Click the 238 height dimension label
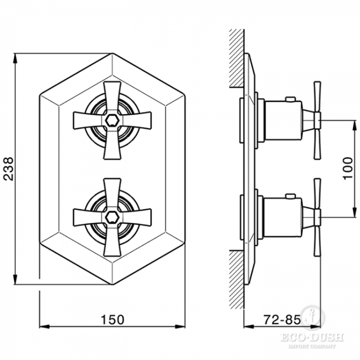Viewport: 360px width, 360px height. coord(9,169)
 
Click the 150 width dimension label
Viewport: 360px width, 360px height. coord(112,320)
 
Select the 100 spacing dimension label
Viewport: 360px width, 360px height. coord(347,168)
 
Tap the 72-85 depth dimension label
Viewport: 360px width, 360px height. coord(282,320)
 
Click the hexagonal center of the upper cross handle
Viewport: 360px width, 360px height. coord(112,120)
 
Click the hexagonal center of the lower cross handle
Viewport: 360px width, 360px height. coord(112,217)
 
